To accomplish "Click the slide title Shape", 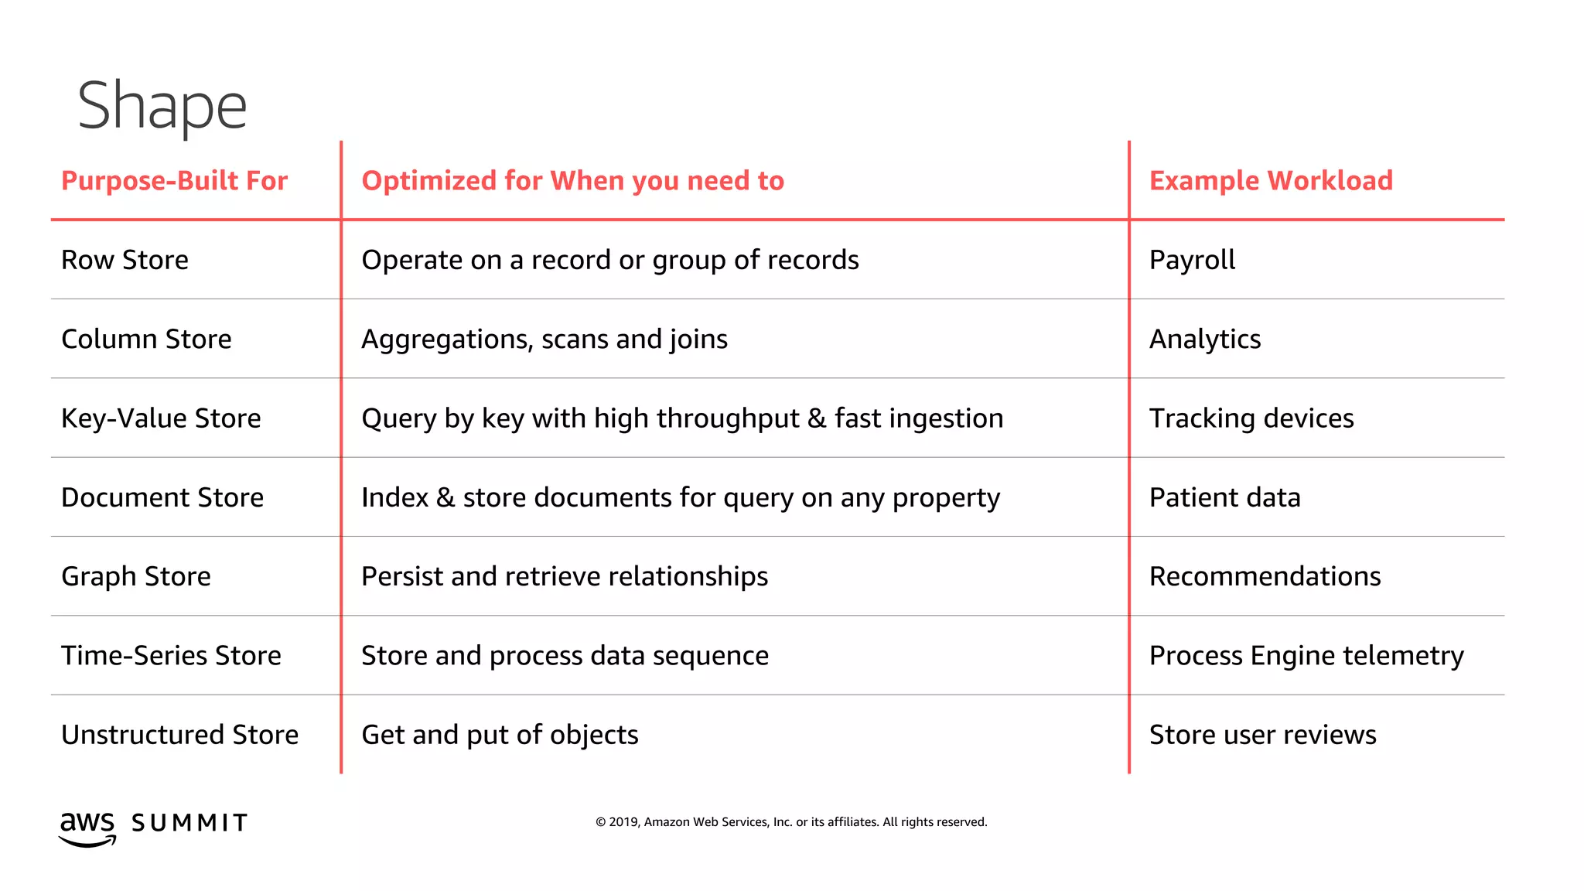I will coord(162,106).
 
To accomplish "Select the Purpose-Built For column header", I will coord(174,181).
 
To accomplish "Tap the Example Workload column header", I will coord(1271,181).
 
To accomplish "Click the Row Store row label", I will coord(125,260).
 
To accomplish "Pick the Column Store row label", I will coord(146,339).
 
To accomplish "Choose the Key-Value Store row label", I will coord(161,418).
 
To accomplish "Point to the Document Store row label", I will coord(162,497).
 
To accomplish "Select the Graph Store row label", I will coord(136,576).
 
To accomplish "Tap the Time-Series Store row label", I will coord(171,656).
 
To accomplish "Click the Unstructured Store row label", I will coord(179,735).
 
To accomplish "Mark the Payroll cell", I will coord(1192,260).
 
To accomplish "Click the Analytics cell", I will coord(1205,339).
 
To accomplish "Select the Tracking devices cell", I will coord(1251,418).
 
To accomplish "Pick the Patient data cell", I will coord(1225,497).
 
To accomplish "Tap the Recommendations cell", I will coord(1265,576).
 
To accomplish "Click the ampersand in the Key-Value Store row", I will coord(817,418).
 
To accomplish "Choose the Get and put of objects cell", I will coord(500,735).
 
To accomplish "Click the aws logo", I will coord(87,828).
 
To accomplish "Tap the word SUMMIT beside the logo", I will coord(189,823).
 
